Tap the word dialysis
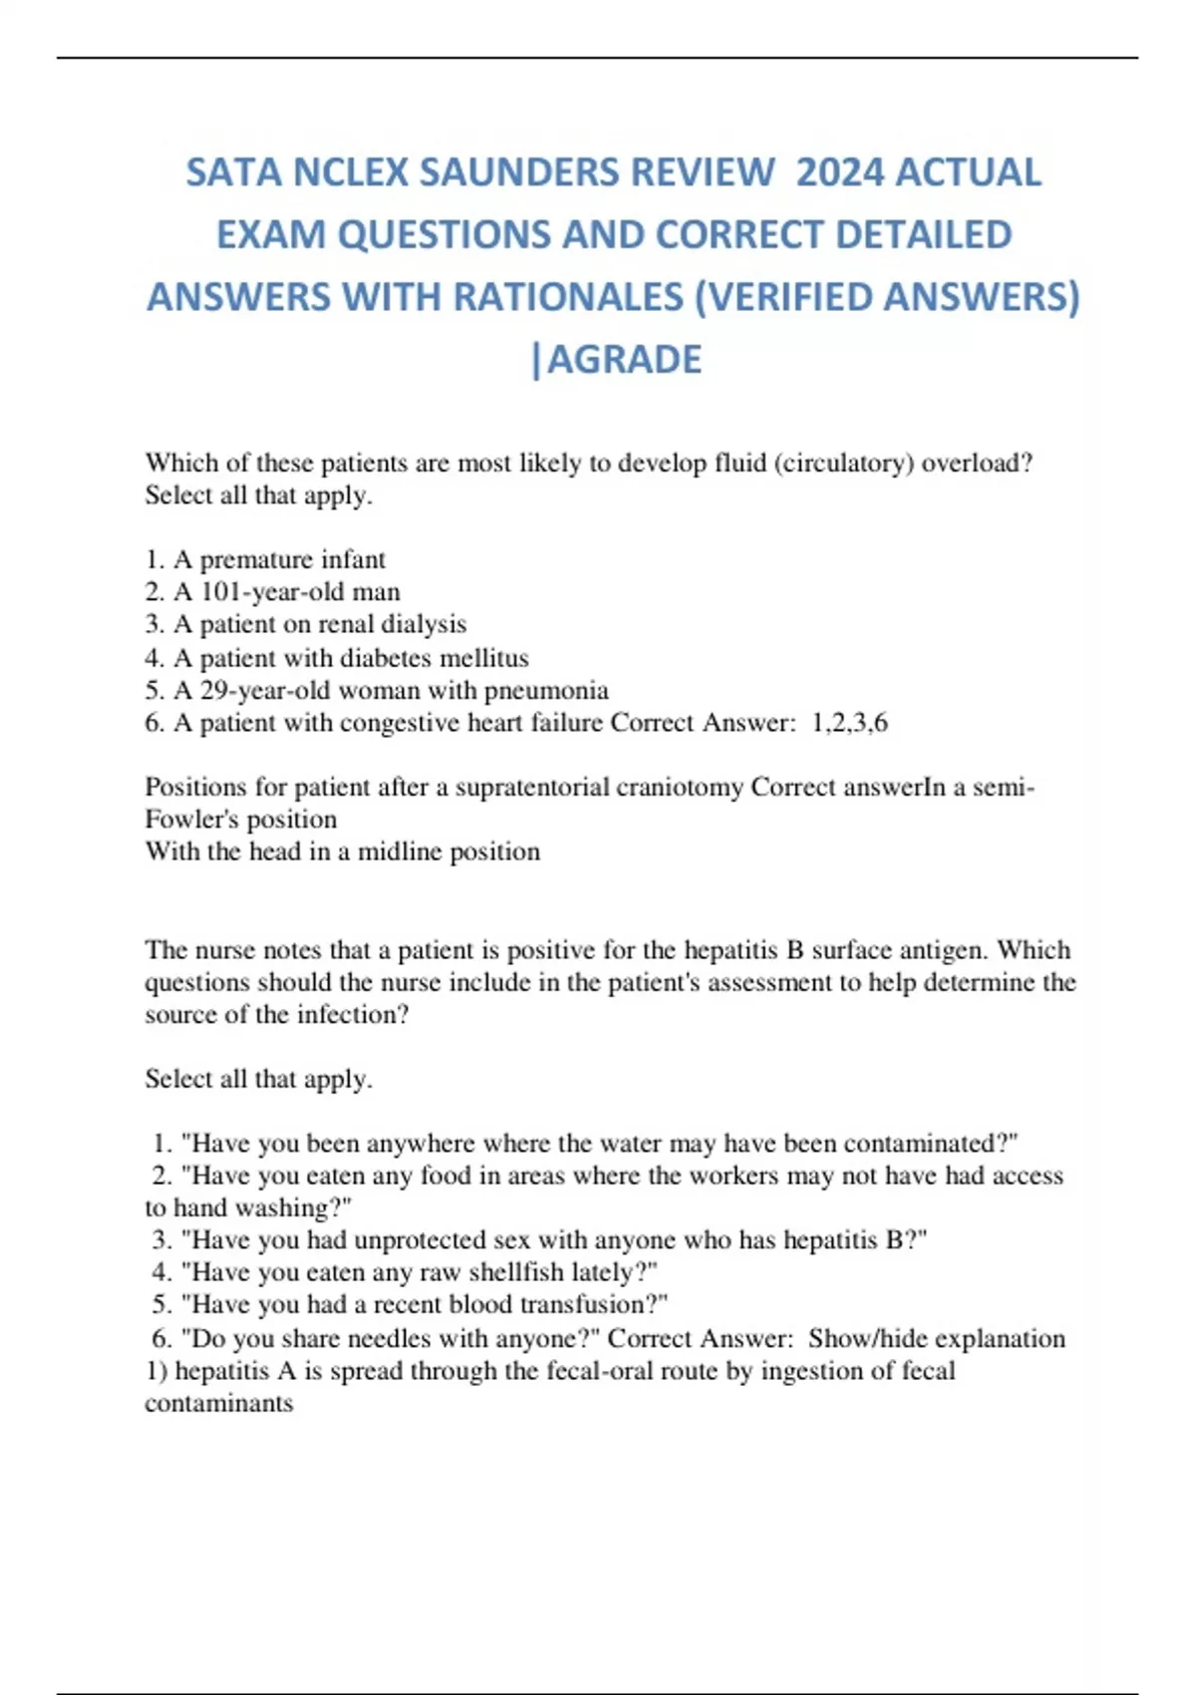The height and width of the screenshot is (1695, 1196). point(424,624)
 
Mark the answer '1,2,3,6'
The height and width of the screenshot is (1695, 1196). point(850,723)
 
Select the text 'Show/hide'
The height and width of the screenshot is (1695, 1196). point(867,1338)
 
